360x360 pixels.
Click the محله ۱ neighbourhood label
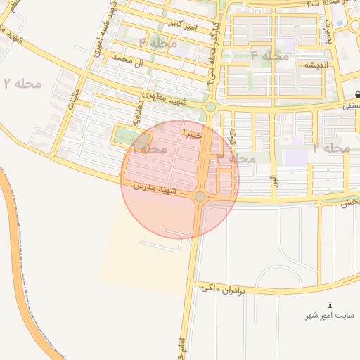[148, 150]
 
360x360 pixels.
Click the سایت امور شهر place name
[331, 316]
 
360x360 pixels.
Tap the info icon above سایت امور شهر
[330, 304]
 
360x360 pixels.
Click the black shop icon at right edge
[357, 94]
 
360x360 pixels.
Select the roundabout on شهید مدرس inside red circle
[200, 196]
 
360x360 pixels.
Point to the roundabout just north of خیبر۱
[210, 107]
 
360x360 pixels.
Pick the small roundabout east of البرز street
[320, 202]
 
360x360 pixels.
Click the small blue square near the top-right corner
[340, 23]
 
